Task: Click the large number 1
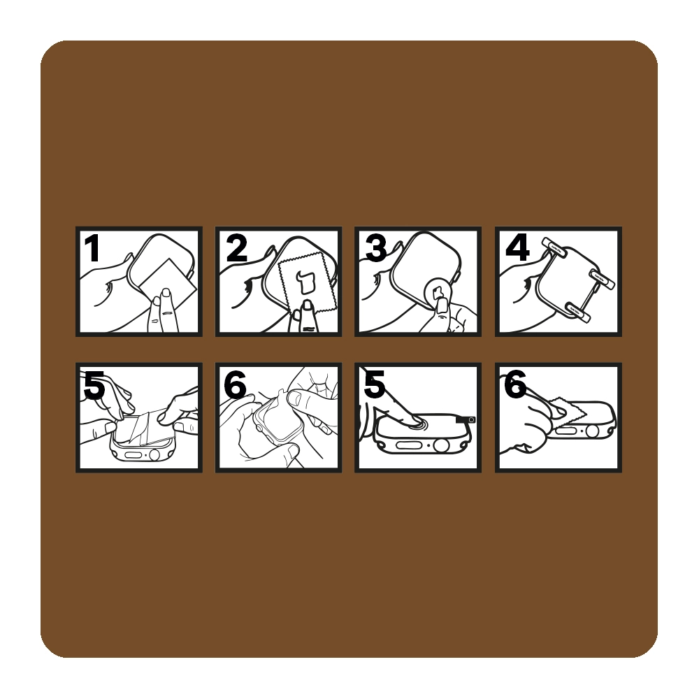92,248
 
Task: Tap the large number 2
236,248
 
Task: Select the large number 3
376,248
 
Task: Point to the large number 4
517,248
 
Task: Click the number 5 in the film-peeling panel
94,385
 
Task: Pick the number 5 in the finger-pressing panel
374,385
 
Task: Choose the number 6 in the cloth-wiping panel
515,385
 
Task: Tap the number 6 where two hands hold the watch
235,385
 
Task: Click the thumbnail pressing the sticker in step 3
442,306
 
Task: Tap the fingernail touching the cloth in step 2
307,305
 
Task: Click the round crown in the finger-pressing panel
441,445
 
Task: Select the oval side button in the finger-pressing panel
406,445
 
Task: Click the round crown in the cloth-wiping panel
592,431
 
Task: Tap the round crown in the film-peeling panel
154,455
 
